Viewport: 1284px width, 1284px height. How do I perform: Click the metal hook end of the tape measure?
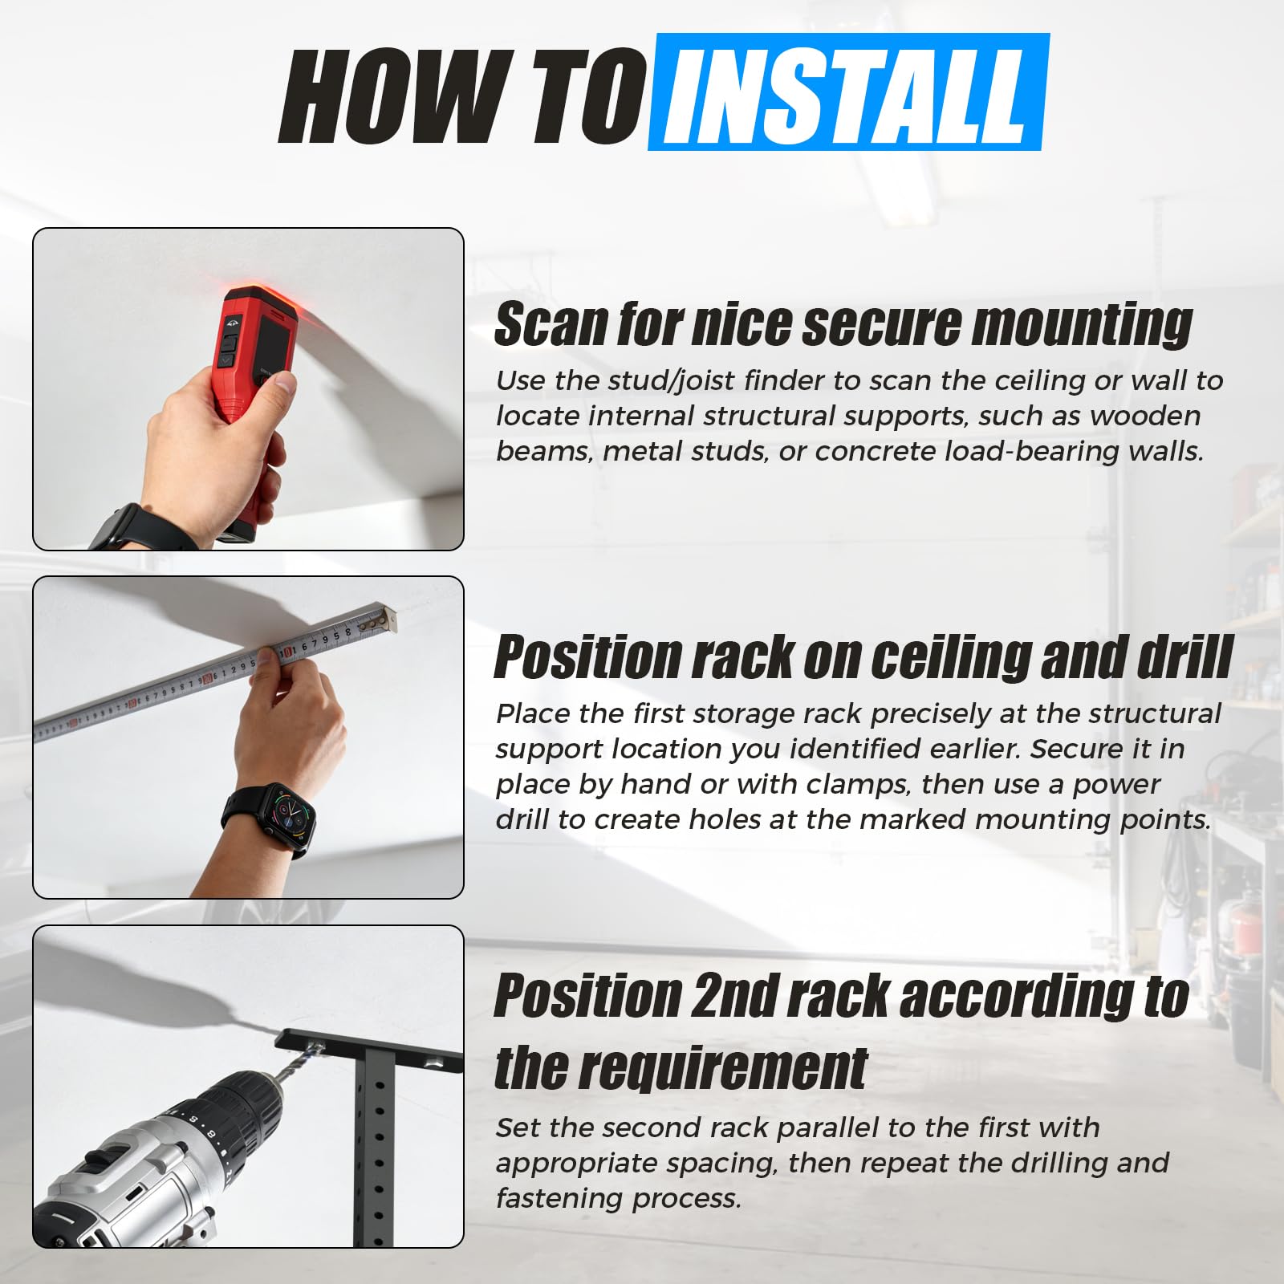392,617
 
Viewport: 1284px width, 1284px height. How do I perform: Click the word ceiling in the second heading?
948,659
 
